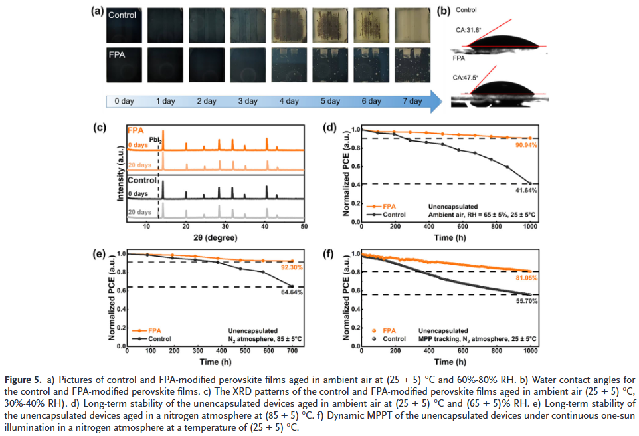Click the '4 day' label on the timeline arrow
point(289,102)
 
